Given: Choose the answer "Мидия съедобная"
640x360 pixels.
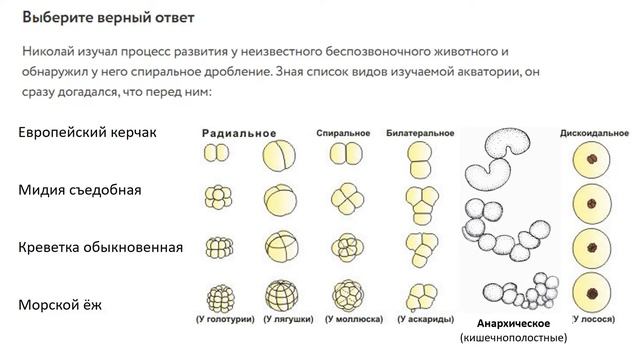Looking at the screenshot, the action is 83,189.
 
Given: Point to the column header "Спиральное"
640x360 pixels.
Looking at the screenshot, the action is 343,133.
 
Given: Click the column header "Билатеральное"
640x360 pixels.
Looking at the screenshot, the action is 418,133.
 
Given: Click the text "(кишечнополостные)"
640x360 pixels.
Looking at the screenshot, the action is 514,339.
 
